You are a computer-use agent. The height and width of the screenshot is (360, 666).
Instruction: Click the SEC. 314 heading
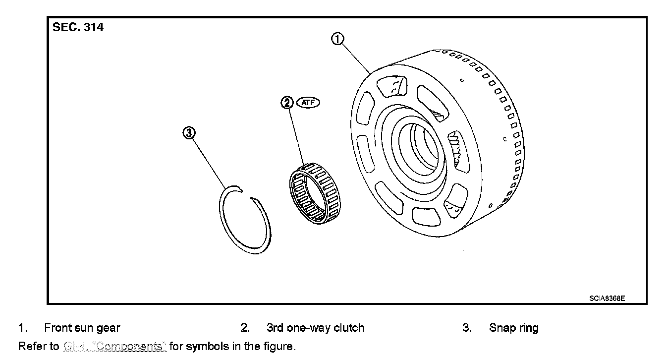pyautogui.click(x=78, y=28)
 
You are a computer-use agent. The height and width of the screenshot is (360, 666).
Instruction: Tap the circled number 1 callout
pyautogui.click(x=337, y=39)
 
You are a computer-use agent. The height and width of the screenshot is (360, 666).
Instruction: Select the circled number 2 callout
pyautogui.click(x=287, y=103)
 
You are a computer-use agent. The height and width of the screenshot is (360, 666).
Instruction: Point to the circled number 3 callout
pyautogui.click(x=189, y=132)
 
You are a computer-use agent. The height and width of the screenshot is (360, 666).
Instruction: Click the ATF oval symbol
pyautogui.click(x=308, y=103)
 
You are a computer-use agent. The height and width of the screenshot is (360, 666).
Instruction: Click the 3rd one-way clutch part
pyautogui.click(x=313, y=193)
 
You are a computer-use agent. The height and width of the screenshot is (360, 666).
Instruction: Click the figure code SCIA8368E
pyautogui.click(x=607, y=299)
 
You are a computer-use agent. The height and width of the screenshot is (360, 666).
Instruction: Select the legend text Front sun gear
pyautogui.click(x=82, y=328)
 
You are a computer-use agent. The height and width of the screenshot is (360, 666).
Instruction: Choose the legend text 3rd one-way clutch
pyautogui.click(x=315, y=328)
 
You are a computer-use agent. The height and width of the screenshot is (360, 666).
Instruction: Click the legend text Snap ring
pyautogui.click(x=513, y=328)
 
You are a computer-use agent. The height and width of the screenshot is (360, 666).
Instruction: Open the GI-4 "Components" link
pyautogui.click(x=114, y=346)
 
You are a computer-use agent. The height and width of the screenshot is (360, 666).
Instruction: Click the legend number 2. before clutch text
pyautogui.click(x=245, y=328)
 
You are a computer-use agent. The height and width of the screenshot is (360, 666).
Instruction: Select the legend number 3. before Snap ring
pyautogui.click(x=467, y=328)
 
